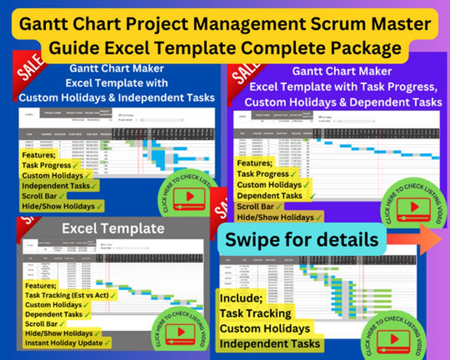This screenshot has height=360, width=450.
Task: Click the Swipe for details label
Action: [302, 240]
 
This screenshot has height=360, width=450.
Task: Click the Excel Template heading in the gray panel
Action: [113, 228]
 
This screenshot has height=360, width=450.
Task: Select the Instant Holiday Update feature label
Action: [64, 343]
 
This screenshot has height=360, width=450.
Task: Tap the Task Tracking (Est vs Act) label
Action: [67, 295]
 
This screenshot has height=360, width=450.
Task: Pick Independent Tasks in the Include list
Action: [270, 344]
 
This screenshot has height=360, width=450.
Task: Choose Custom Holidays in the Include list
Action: [265, 329]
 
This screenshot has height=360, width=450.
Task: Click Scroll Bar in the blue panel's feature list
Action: [40, 196]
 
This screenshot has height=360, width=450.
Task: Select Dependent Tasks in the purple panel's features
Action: [270, 195]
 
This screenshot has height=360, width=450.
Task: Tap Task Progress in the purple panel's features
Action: [263, 174]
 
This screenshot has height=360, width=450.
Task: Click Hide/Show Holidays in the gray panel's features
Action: [59, 333]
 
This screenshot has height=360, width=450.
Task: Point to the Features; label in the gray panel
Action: [40, 286]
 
